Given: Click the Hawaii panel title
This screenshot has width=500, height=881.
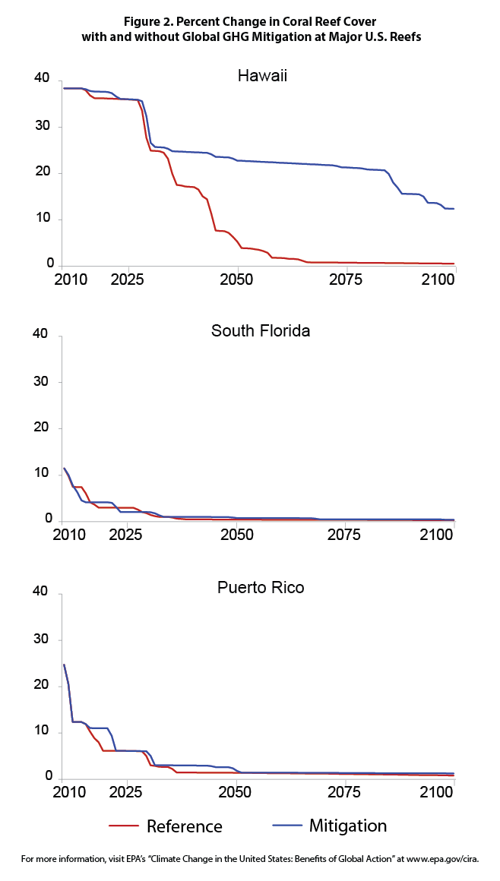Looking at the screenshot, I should coord(262,76).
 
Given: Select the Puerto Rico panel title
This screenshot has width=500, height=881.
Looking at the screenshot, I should coord(261,587).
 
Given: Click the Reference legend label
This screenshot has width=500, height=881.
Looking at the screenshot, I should coord(184,826).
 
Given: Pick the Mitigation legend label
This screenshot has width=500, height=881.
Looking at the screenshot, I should coord(347,826).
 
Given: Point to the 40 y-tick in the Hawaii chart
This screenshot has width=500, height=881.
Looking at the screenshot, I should coord(42,80).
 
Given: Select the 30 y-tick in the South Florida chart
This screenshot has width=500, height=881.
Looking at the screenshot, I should coord(42,381).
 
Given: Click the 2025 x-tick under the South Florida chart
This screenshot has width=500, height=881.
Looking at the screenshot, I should coord(127,535).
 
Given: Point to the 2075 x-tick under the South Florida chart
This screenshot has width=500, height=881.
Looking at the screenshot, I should coord(345,535).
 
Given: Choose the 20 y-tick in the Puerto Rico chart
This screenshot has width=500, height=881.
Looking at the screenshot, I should coord(42,685).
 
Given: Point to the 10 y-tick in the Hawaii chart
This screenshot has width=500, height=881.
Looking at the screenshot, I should coord(42,219).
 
